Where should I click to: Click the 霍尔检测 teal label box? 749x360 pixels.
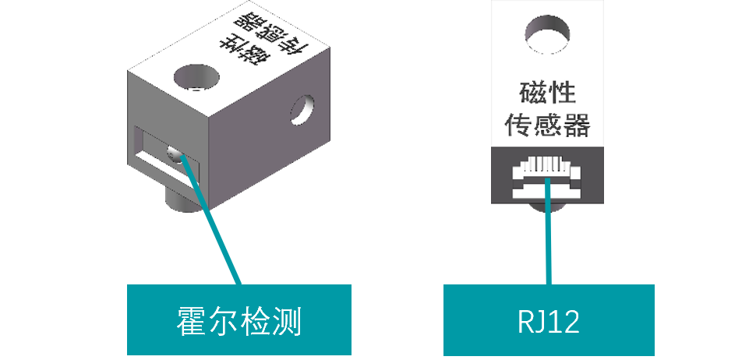(x=239, y=319)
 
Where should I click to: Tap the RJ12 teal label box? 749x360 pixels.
(x=548, y=319)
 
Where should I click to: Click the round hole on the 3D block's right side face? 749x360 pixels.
(x=302, y=109)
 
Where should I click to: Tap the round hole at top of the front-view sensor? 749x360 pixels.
(x=549, y=34)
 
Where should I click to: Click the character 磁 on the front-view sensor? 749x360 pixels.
(x=532, y=94)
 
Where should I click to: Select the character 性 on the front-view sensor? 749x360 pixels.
(x=563, y=94)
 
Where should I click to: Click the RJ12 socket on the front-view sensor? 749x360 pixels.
(x=548, y=178)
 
